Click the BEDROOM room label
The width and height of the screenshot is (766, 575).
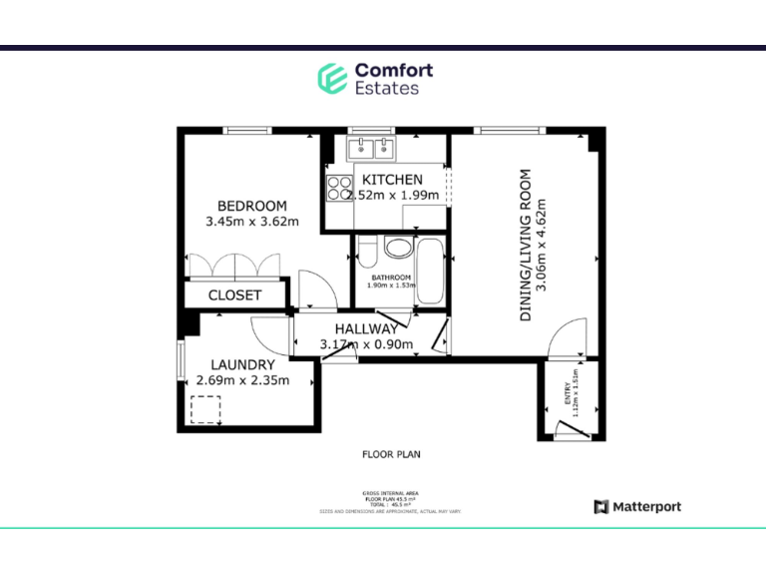coord(251,206)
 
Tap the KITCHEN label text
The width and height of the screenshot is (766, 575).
coord(399,180)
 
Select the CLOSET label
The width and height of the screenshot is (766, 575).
coord(234,295)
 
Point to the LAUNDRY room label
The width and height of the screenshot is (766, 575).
coord(242,364)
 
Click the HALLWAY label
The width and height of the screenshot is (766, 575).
coord(366,328)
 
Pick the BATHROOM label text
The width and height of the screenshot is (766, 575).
coord(391,278)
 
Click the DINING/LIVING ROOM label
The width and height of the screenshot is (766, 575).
coord(525,245)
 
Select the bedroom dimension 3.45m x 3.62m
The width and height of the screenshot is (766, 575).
coord(251,222)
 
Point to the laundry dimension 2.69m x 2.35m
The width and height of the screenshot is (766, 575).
coord(242,380)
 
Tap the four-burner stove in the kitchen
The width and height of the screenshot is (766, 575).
coord(337,187)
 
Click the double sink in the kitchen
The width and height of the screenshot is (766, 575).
coord(374,150)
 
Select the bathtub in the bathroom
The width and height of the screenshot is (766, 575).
coord(432,273)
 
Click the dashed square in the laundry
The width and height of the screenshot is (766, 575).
coord(205,409)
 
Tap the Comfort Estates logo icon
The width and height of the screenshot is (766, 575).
coord(331,78)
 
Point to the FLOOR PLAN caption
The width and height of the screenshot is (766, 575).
coord(390,454)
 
